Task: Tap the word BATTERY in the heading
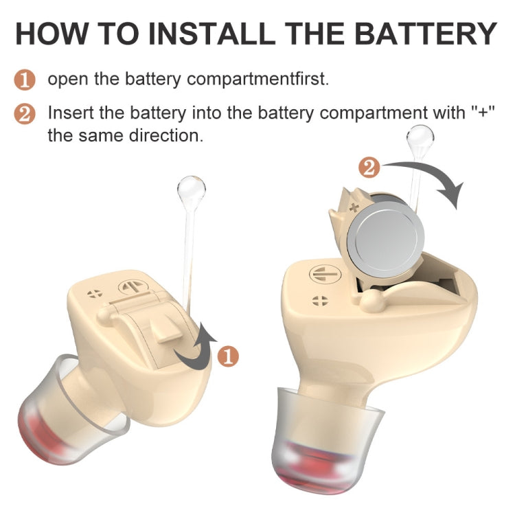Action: (x=426, y=34)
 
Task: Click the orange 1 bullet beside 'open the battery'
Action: (x=25, y=80)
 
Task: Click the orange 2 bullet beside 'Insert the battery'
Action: (x=25, y=114)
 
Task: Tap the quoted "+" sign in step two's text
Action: (x=483, y=113)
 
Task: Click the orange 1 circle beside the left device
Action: (x=228, y=356)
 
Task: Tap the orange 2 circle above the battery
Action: (x=369, y=167)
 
